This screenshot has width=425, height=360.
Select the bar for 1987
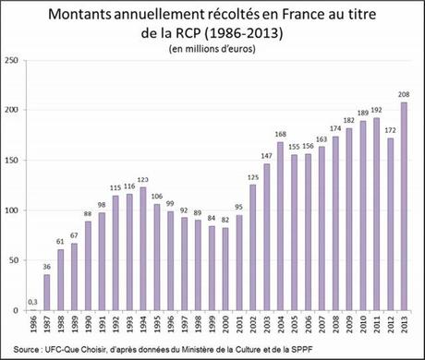pos(47,293)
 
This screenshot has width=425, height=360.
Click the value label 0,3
pos(33,300)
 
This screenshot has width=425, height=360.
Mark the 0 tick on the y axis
pos(19,311)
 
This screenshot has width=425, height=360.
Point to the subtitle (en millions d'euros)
pos(212,49)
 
